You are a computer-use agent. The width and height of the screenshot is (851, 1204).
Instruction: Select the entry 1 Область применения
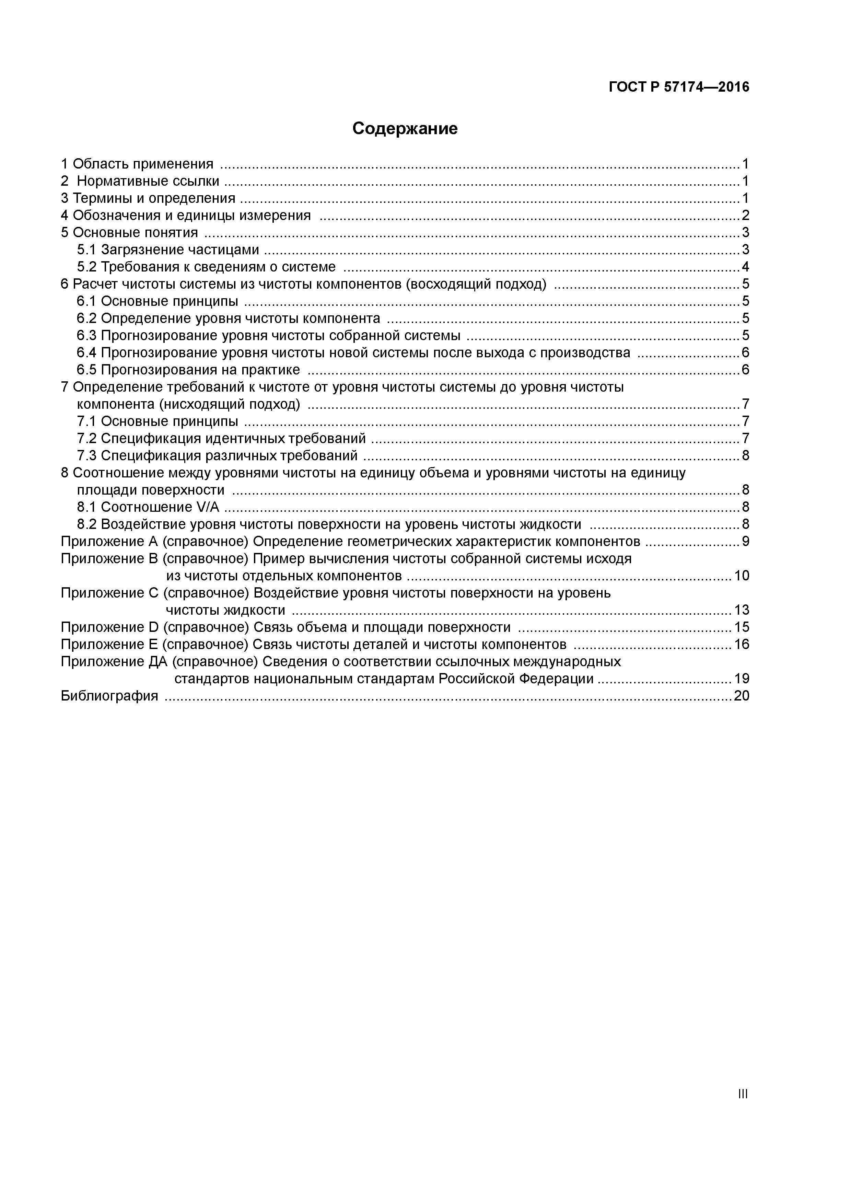click(137, 164)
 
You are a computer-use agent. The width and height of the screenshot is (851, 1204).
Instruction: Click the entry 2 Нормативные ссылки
click(141, 182)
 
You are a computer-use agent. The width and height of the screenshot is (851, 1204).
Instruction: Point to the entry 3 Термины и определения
click(148, 198)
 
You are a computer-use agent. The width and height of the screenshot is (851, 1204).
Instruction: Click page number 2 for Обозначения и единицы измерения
click(745, 216)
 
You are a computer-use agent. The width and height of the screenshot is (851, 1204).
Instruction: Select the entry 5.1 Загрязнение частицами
click(168, 250)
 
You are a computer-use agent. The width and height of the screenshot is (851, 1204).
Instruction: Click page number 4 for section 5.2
click(745, 267)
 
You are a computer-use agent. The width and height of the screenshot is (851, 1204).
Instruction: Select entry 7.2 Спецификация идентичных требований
click(221, 438)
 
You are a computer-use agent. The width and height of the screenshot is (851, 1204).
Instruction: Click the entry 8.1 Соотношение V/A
click(148, 507)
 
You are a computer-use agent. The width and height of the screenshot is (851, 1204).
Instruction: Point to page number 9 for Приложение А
click(745, 541)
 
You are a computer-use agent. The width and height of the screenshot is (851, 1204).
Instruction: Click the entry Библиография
click(109, 696)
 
